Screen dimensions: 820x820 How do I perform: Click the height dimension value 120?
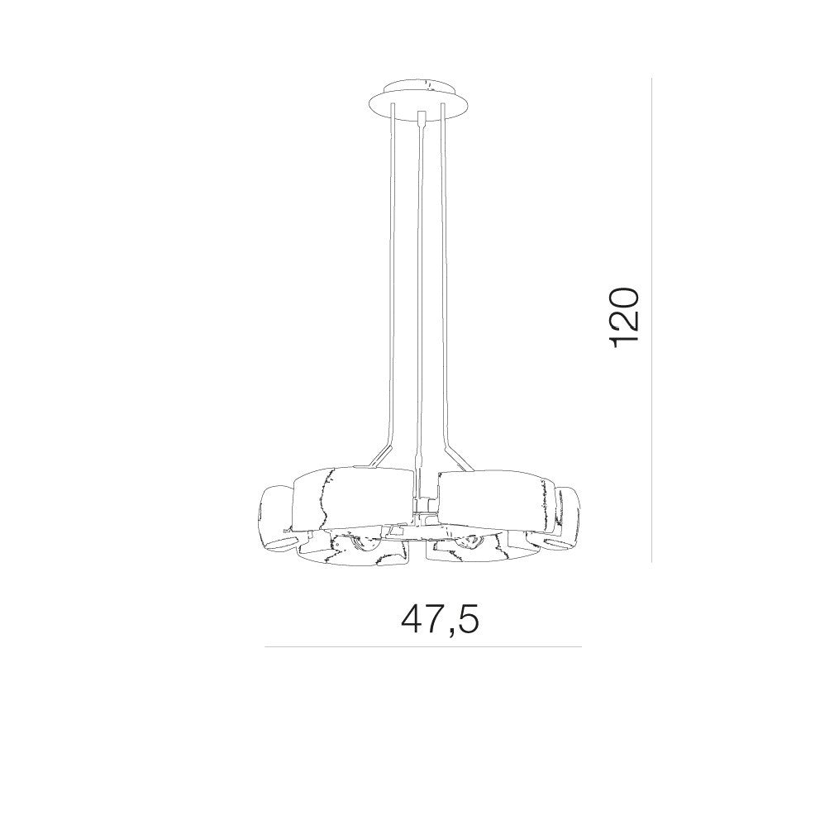click(x=624, y=317)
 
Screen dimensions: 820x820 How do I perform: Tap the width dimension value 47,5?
click(x=440, y=620)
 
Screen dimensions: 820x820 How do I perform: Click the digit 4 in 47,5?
click(x=412, y=620)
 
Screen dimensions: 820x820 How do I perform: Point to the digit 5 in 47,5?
click(x=468, y=620)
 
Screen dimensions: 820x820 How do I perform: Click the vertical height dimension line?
click(x=651, y=320)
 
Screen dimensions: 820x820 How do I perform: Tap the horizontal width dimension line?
click(x=423, y=647)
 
